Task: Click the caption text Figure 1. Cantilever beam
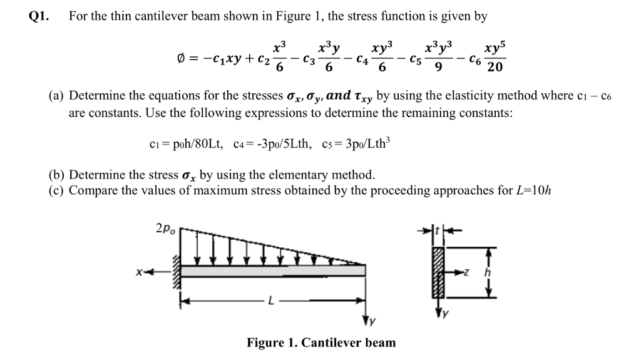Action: pos(321,342)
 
